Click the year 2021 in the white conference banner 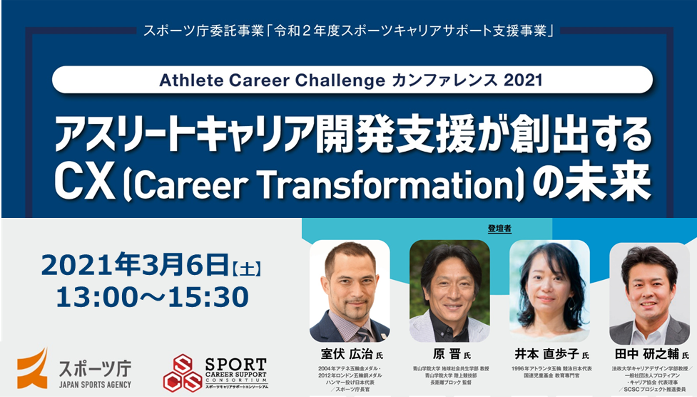coord(523,80)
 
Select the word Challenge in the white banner coord(340,80)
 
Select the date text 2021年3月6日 coord(135,265)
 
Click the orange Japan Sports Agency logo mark coord(32,368)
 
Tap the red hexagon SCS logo coord(182,373)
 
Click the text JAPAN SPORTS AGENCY coord(95,385)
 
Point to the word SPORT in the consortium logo coord(236,364)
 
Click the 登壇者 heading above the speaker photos coord(499,229)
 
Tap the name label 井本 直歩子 coord(547,354)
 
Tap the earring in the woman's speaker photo coord(570,303)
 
